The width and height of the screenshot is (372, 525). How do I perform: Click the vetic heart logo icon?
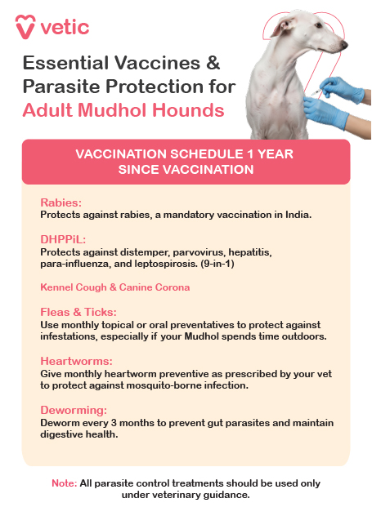coord(26,27)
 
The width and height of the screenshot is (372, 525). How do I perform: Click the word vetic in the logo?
coord(65,28)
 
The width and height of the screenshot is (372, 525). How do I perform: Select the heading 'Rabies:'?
coord(61,202)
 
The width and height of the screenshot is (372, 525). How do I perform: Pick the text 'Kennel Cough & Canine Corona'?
coord(114,287)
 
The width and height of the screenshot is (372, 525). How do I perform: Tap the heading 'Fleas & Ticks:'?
coord(78,312)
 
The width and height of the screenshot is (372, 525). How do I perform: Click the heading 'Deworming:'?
coord(74,410)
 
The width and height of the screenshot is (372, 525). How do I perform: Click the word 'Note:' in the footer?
coord(64,483)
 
